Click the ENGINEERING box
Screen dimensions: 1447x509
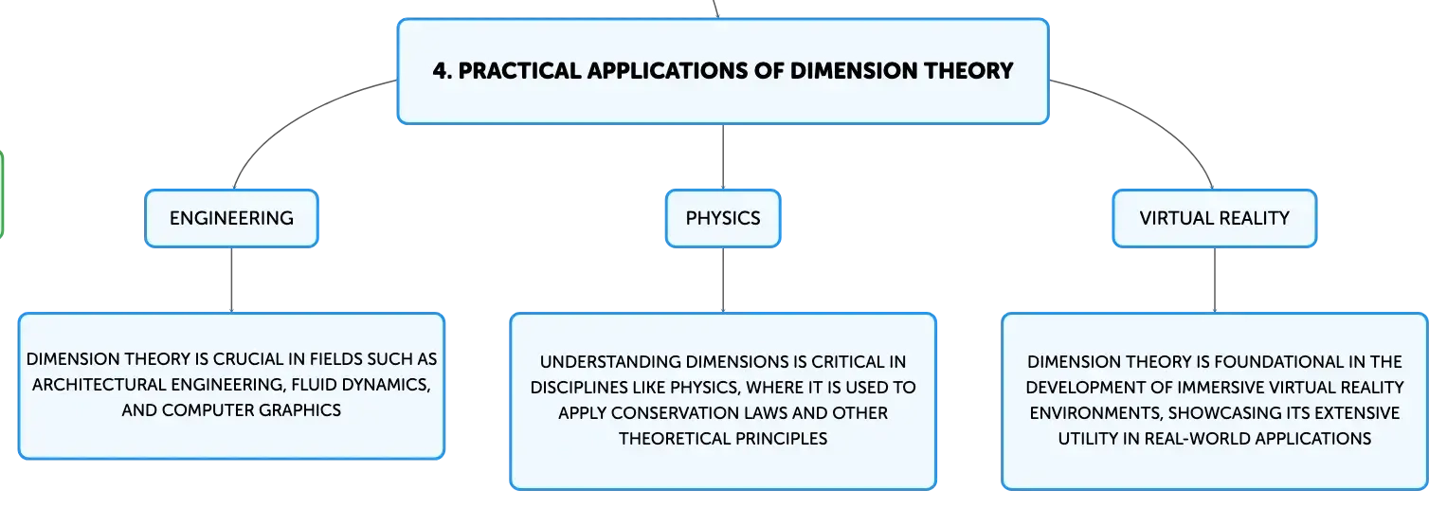(x=231, y=218)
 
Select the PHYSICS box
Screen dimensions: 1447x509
(x=723, y=218)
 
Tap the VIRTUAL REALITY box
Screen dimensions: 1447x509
(x=1215, y=218)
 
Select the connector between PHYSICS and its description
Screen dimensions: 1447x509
(x=723, y=281)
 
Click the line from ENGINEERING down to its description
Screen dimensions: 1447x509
(x=231, y=281)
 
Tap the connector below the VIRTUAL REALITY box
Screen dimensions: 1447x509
(x=1215, y=281)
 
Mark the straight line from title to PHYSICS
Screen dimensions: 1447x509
(x=723, y=157)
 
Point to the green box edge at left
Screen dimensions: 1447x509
(x=2, y=193)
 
